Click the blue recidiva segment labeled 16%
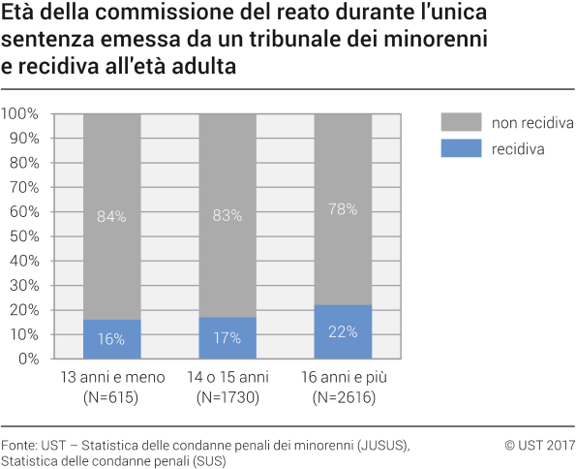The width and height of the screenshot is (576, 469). (x=111, y=339)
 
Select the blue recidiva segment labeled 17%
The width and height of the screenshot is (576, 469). (x=227, y=338)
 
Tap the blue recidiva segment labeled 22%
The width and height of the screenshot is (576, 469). (x=343, y=331)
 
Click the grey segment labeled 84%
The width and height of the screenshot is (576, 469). (x=111, y=216)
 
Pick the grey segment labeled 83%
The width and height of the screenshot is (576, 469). (x=227, y=215)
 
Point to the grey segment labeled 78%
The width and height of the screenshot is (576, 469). (x=343, y=208)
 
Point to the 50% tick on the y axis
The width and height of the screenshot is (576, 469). (x=23, y=236)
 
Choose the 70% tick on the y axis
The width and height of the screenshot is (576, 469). (x=23, y=187)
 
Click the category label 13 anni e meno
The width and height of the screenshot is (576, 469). (x=111, y=377)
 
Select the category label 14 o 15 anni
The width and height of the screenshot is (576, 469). (x=227, y=377)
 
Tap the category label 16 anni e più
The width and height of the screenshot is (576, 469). (x=343, y=377)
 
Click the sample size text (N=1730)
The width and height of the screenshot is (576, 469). (x=227, y=396)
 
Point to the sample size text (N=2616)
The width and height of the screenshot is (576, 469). (x=343, y=396)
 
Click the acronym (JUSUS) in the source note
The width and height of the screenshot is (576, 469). (x=379, y=445)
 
